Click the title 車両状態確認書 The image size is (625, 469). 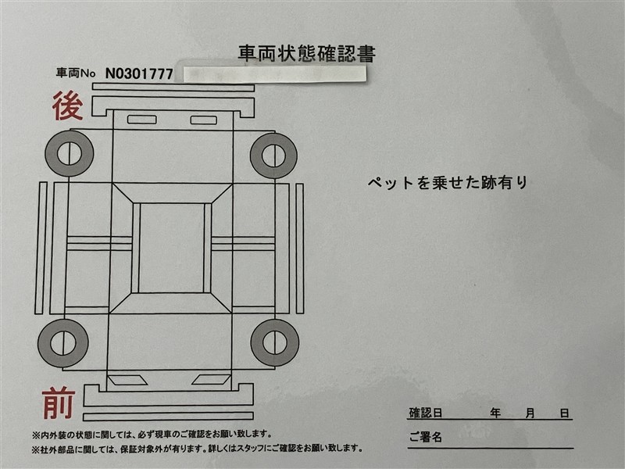tap(306, 54)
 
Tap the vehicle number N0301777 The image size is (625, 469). tap(138, 74)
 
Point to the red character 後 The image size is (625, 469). tap(68, 106)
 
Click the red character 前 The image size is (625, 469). tap(59, 404)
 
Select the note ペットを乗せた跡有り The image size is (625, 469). tap(448, 183)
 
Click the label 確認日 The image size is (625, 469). tap(426, 413)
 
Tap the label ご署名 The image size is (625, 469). tap(425, 436)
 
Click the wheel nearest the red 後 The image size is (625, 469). tap(69, 153)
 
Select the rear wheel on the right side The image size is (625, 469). tap(273, 155)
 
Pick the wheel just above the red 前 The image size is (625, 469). tap(63, 342)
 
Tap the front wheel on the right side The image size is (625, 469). tap(275, 342)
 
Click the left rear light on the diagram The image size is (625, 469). tap(141, 120)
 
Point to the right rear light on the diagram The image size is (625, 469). tap(204, 120)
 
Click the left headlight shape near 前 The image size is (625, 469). tap(126, 380)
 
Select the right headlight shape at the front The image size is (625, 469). tap(211, 380)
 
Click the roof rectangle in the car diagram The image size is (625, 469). tap(172, 248)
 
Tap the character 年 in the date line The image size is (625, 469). tap(495, 413)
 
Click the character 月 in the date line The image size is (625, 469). tap(529, 413)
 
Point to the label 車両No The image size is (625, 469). tap(76, 74)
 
